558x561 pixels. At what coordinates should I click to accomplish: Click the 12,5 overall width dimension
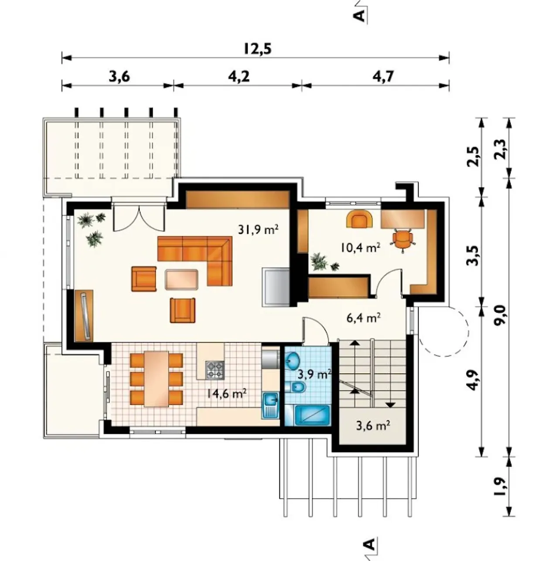[258, 49]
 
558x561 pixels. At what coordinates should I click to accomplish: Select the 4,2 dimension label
[238, 77]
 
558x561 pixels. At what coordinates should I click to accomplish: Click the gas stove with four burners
[215, 370]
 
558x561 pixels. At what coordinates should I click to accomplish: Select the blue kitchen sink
[271, 405]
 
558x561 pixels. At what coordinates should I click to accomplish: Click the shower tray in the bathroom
[313, 415]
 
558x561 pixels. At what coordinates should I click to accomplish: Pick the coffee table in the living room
[181, 279]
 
